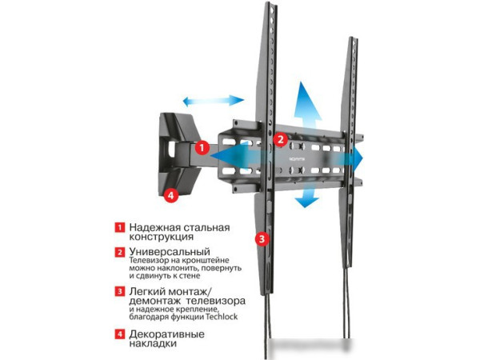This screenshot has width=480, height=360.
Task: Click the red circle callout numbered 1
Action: (202, 148)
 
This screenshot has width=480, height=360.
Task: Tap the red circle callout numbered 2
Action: (280, 139)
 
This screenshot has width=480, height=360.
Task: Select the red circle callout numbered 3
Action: (262, 238)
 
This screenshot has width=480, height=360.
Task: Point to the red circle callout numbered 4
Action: (171, 195)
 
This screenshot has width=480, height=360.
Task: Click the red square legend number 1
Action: (120, 227)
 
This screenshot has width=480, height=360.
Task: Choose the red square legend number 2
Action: (120, 252)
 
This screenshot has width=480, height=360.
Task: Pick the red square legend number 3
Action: (120, 291)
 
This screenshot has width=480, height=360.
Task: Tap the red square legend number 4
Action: (120, 334)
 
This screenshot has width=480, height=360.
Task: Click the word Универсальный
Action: (170, 252)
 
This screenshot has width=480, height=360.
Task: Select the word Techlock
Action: (222, 317)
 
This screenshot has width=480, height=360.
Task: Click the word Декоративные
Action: (166, 334)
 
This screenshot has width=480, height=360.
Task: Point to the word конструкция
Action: (162, 237)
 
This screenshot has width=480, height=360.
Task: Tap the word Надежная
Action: (154, 227)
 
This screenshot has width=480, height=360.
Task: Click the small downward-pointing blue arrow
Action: (306, 196)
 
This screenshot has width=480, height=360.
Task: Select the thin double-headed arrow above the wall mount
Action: (214, 101)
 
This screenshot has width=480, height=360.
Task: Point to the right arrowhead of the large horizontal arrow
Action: (358, 159)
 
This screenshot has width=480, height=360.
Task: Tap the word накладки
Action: (153, 343)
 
